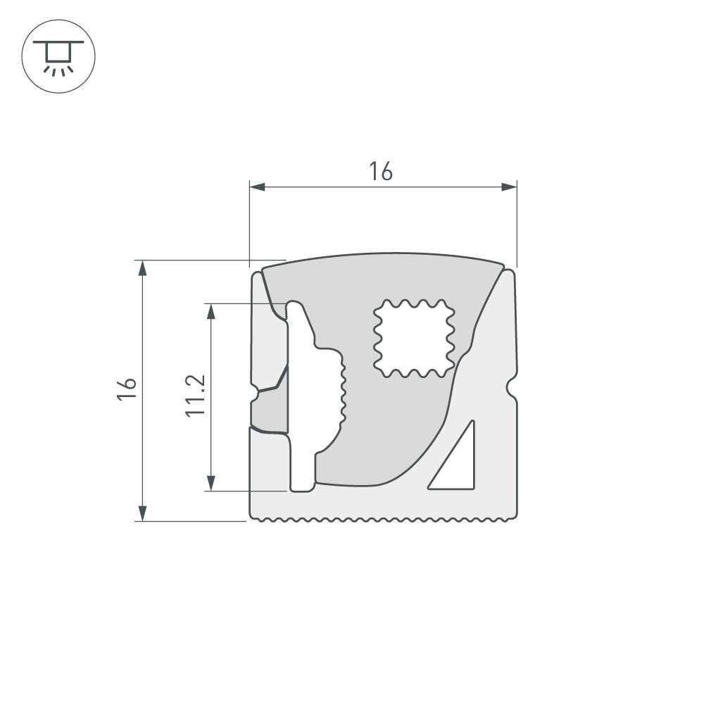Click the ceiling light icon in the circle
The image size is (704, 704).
(x=59, y=56)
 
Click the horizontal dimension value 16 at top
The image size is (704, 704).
(x=381, y=171)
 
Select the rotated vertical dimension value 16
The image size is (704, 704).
(x=126, y=389)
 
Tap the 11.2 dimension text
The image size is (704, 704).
(x=196, y=395)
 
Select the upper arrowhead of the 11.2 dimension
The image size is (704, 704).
(x=210, y=311)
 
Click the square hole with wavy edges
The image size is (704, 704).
(x=413, y=338)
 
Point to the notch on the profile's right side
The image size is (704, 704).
(x=510, y=385)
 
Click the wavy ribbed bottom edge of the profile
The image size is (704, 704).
(x=384, y=520)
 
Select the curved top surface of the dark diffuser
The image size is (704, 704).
(x=384, y=255)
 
